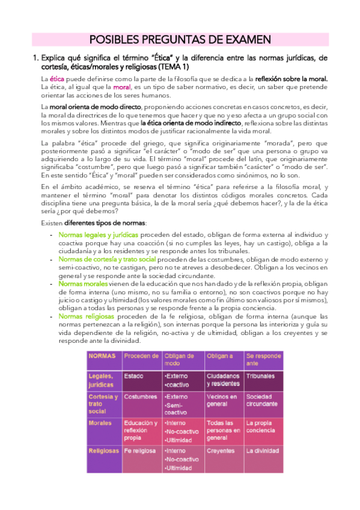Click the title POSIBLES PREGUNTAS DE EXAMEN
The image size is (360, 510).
point(180,40)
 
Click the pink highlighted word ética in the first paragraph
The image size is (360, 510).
point(56,79)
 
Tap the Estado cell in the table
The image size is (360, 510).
point(134,376)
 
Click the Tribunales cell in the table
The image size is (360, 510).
point(260,376)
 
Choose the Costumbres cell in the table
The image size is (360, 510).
point(140,397)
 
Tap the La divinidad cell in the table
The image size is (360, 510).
point(262,450)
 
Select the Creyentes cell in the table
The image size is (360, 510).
point(220,450)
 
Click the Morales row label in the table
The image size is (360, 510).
point(100,423)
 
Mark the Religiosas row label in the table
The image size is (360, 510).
point(103,450)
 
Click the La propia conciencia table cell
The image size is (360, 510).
point(260,426)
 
